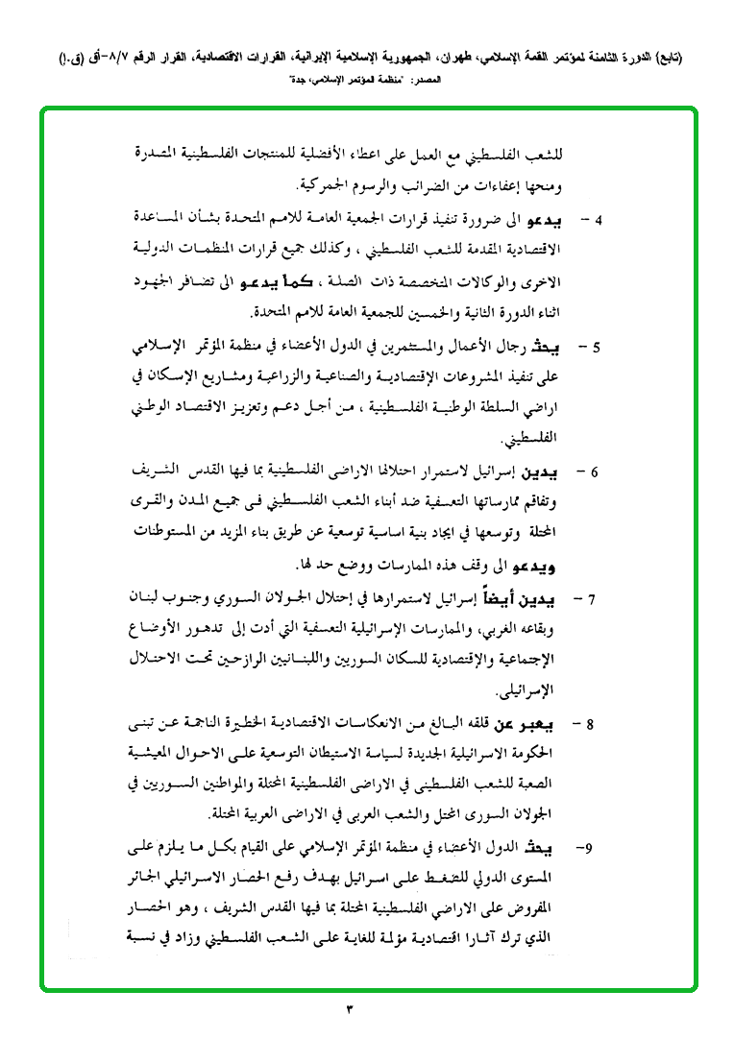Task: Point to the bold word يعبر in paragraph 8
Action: pyautogui.click(x=567, y=725)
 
